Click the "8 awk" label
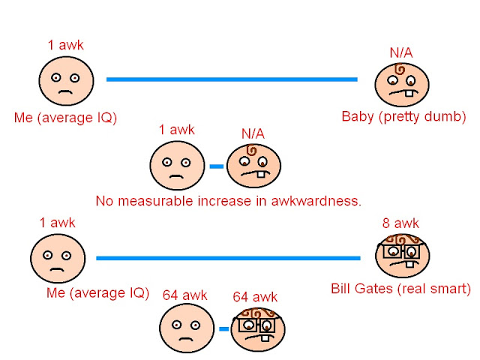(401, 223)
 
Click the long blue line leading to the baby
(232, 79)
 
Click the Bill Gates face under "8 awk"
(403, 255)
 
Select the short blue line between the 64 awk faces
(223, 328)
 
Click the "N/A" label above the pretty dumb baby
(400, 52)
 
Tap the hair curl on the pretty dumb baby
(401, 70)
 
